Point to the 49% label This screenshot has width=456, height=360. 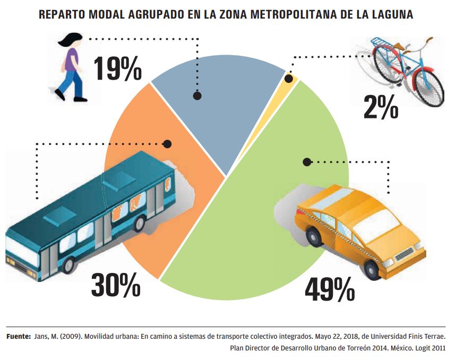pyautogui.click(x=330, y=289)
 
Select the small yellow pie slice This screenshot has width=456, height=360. pyautogui.click(x=291, y=77)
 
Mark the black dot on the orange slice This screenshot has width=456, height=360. pyautogui.click(x=168, y=144)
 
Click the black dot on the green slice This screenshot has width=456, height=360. pyautogui.click(x=306, y=162)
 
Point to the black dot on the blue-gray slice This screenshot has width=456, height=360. pyautogui.click(x=197, y=96)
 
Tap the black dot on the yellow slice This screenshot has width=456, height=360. pyautogui.click(x=289, y=79)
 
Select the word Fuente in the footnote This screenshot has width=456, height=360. pyautogui.click(x=18, y=337)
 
